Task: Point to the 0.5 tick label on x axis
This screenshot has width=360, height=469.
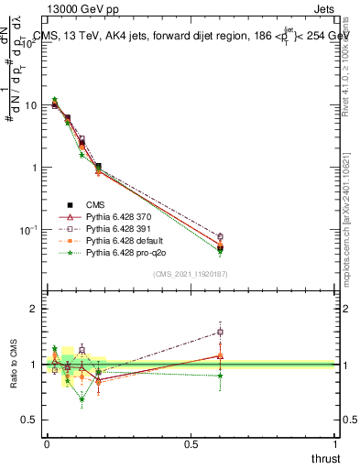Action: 191,442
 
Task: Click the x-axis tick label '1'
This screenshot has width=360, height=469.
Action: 335,442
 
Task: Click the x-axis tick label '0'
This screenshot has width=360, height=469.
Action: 47,442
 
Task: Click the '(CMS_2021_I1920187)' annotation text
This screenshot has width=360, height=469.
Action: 191,273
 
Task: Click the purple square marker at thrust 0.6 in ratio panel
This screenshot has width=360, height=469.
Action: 220,332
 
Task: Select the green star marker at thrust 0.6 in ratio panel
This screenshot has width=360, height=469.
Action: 220,376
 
